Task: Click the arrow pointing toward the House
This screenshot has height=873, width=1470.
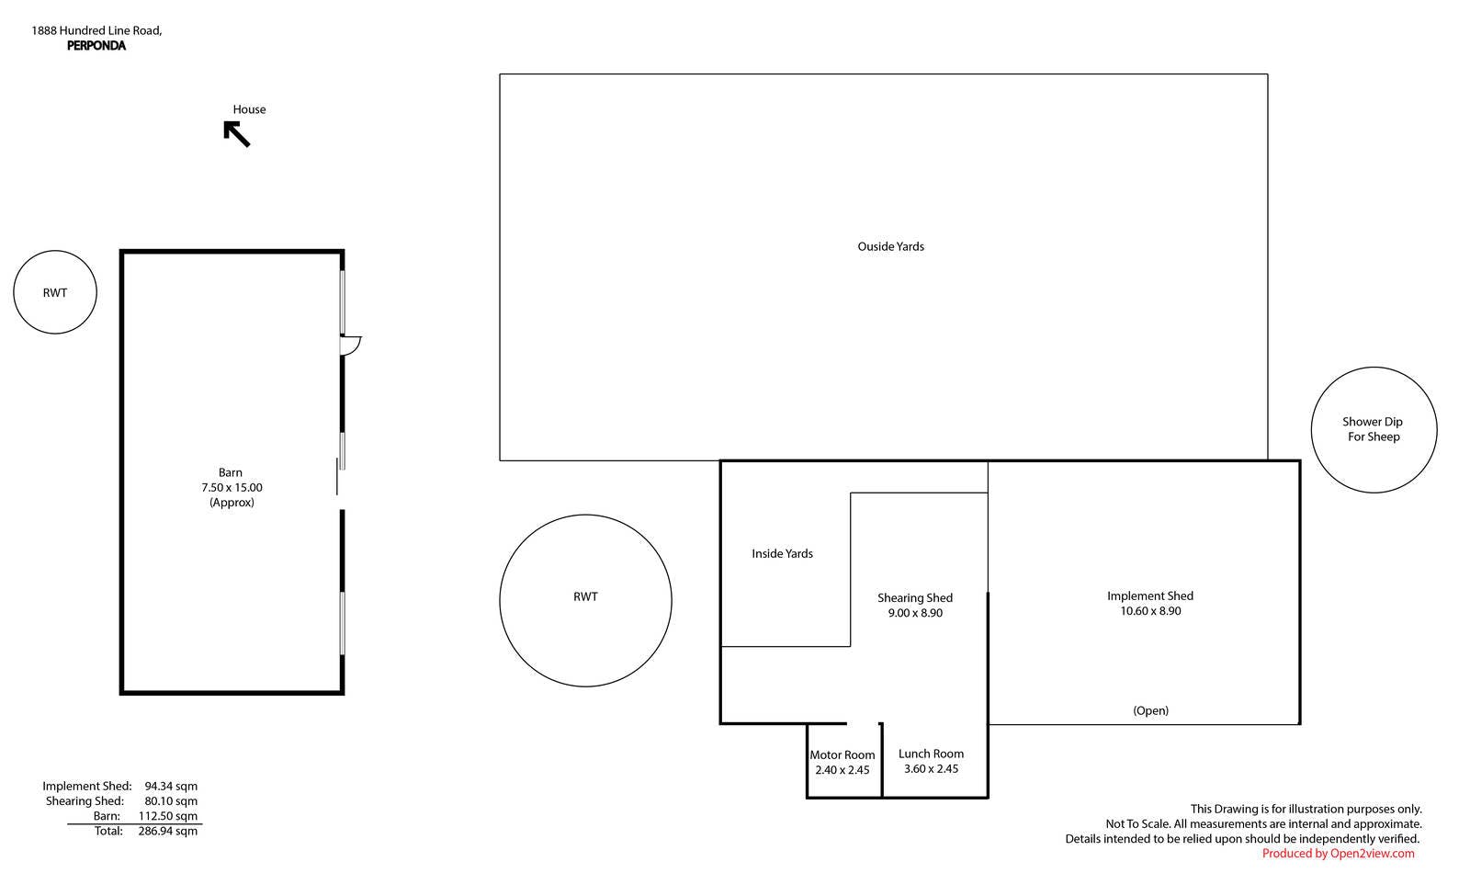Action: [237, 134]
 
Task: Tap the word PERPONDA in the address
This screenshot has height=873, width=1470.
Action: [96, 46]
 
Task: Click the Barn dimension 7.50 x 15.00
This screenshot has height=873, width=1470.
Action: [232, 488]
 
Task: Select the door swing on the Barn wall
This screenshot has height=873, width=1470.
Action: [350, 346]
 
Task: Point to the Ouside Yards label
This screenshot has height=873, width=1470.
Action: [890, 247]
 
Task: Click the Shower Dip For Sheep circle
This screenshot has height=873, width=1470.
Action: [1374, 368]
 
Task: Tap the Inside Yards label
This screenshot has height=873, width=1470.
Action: [782, 554]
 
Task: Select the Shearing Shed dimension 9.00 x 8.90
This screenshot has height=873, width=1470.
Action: [915, 613]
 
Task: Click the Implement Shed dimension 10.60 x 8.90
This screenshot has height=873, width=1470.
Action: [1150, 611]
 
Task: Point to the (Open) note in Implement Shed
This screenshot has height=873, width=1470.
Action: [1150, 711]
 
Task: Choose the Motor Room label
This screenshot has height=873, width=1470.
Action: [842, 755]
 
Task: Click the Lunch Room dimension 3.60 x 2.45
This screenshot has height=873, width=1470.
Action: [932, 769]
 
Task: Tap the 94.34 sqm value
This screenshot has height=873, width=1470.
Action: [171, 787]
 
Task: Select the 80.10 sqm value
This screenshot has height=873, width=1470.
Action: [171, 801]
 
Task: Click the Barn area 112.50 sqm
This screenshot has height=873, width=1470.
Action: [167, 817]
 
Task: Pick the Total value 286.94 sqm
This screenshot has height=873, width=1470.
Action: [167, 831]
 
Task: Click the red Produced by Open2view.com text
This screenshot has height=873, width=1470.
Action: [1338, 854]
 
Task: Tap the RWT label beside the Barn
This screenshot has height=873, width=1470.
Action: [55, 293]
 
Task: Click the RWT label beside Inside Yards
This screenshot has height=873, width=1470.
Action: [585, 597]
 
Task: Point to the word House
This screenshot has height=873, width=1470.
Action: [249, 109]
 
